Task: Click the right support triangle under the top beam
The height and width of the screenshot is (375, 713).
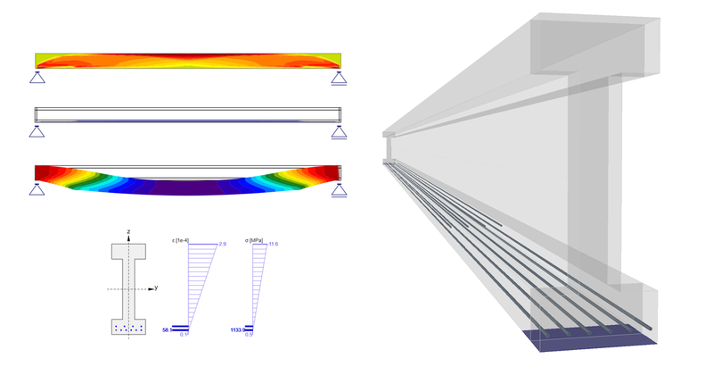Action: (x=338, y=79)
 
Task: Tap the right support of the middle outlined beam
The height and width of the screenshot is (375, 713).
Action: (x=338, y=132)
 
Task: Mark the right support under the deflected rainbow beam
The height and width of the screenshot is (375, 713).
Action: (x=338, y=188)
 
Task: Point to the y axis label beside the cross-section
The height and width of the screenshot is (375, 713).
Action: (x=156, y=287)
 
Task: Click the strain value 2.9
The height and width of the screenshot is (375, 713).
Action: (x=223, y=244)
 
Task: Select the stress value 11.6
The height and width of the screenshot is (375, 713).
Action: (x=275, y=244)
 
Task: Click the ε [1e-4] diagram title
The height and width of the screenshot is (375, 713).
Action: (x=180, y=240)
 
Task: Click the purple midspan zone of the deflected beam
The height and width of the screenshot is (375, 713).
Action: (x=187, y=188)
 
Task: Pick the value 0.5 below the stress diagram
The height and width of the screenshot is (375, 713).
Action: (x=250, y=336)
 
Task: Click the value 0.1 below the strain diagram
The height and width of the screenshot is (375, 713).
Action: (x=184, y=336)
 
